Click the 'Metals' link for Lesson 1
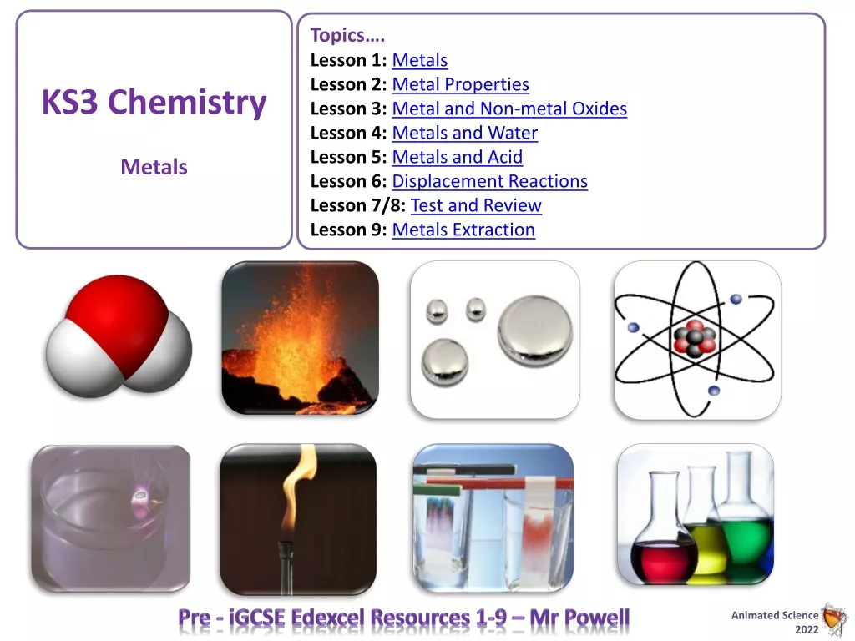coord(420,60)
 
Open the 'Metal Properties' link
coord(461,84)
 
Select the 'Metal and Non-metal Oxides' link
coord(509,109)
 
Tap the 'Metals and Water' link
coord(464,133)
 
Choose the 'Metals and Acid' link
coord(458,157)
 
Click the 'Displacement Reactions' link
coord(489,181)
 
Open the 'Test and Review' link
coord(476,205)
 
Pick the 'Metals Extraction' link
coord(463,230)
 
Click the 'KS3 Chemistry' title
coord(154,103)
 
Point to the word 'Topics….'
coord(348,35)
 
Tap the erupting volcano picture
coord(301,338)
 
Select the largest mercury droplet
coord(535,330)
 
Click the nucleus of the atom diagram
coord(694,339)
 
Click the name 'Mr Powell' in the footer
coord(579,618)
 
